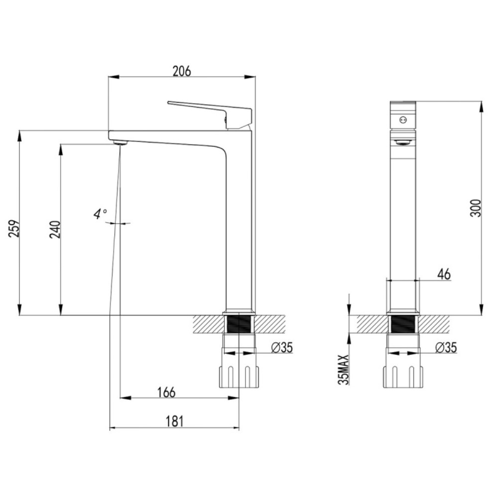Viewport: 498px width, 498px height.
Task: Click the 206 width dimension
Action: coord(182,71)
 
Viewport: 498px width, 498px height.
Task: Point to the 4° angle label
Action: coord(100,214)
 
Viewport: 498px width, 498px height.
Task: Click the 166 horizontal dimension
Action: coord(167,392)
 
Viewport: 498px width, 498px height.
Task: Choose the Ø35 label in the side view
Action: coord(446,348)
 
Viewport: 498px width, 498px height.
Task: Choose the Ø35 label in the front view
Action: coord(282,348)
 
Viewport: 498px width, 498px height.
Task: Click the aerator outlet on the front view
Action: coord(403,142)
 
